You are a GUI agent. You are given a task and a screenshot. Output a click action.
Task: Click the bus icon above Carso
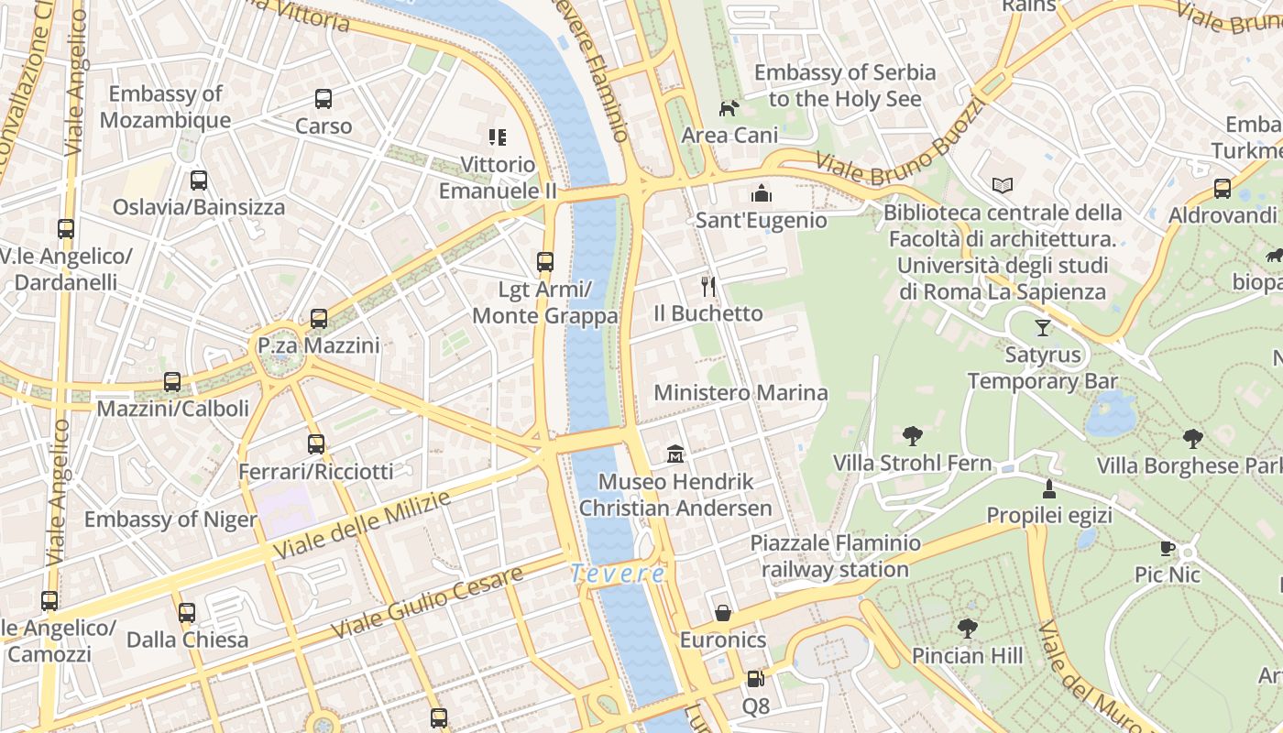(x=323, y=98)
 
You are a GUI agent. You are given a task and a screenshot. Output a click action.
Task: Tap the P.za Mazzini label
(x=318, y=346)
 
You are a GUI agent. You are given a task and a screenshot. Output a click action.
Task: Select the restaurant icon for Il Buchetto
(x=707, y=287)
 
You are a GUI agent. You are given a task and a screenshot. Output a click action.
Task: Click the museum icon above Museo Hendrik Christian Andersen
(x=675, y=454)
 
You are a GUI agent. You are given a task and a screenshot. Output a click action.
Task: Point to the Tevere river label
(x=618, y=574)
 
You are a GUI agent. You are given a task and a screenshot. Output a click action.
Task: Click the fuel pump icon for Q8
(x=755, y=679)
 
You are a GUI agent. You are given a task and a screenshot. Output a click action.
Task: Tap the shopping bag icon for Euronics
(x=723, y=613)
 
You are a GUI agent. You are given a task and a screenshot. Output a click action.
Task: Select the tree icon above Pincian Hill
(x=967, y=629)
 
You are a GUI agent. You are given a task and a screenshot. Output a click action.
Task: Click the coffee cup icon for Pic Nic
(x=1167, y=549)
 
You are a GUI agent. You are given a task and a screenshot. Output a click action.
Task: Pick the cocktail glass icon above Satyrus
(x=1042, y=327)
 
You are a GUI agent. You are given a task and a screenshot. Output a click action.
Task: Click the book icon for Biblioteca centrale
(x=1003, y=185)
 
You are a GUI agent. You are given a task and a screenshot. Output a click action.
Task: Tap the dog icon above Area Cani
(x=729, y=109)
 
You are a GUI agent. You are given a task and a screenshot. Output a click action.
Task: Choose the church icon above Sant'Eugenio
(x=761, y=193)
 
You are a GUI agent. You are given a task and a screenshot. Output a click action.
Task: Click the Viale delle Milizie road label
(x=363, y=525)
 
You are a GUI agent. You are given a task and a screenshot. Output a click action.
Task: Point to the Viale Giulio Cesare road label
(x=427, y=602)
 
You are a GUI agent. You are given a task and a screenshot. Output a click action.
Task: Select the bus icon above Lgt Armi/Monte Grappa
(x=545, y=262)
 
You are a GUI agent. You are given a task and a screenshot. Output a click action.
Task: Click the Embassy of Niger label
(x=170, y=520)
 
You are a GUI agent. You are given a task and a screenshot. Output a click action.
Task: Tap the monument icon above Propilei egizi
(x=1049, y=488)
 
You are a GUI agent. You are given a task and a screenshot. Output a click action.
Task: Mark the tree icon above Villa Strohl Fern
(x=912, y=436)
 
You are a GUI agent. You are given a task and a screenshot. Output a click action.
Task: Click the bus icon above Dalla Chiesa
(x=187, y=613)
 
